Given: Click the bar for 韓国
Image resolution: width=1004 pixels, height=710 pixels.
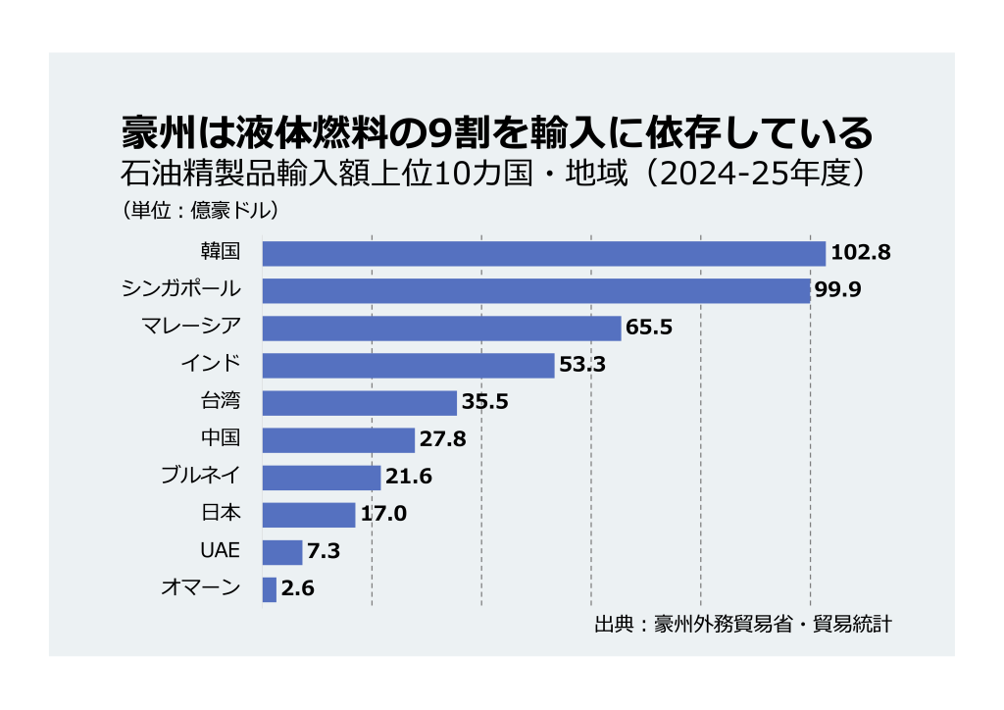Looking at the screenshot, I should click(544, 253).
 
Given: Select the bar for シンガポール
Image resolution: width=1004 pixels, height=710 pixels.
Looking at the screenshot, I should click(536, 290).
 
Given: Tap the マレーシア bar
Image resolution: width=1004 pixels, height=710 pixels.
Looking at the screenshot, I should click(442, 328).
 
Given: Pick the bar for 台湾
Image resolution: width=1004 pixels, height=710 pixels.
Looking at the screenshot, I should click(360, 403).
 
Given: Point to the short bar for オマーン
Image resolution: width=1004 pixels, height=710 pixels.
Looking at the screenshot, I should click(270, 589).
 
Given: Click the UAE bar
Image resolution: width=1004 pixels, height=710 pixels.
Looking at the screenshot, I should click(282, 552).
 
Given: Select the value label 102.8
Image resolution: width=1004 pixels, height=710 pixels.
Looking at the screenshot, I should click(860, 253).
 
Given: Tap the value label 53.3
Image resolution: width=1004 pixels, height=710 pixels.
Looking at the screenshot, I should click(582, 366).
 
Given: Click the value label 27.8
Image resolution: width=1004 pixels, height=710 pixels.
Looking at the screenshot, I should click(442, 440).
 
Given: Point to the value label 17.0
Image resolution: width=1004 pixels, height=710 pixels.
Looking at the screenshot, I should click(383, 515).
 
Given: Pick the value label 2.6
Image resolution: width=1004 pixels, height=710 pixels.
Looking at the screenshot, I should click(297, 589).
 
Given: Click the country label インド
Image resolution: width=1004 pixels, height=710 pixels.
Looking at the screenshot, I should click(210, 365).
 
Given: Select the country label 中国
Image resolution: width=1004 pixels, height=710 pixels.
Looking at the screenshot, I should click(220, 439).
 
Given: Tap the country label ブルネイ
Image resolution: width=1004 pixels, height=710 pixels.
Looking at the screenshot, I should click(200, 477).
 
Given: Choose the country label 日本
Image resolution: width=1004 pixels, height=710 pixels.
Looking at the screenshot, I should click(220, 514).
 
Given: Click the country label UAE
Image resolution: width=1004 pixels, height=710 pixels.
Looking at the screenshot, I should click(220, 551).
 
